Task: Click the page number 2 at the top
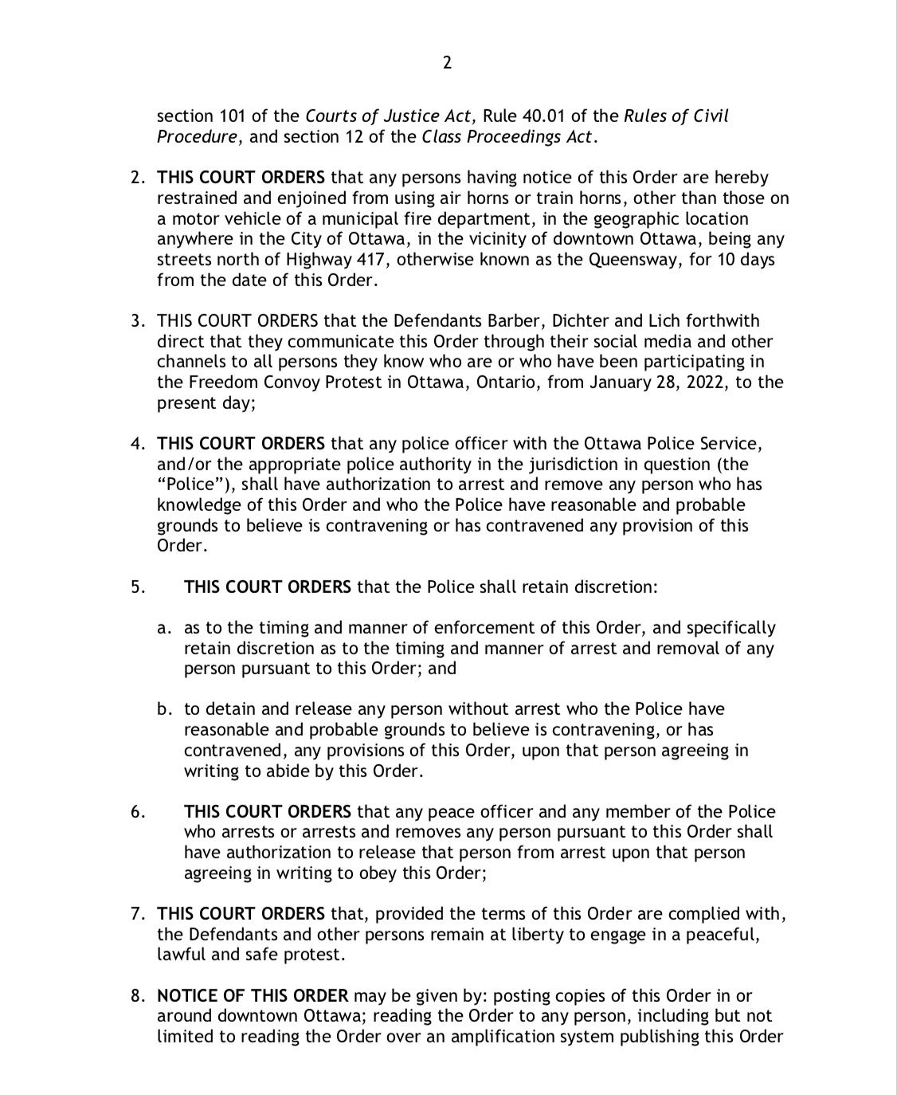click(447, 63)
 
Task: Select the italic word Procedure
click(197, 137)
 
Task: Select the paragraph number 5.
click(138, 587)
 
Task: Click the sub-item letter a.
click(164, 628)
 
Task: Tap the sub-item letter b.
click(164, 709)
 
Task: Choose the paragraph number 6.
click(138, 812)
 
